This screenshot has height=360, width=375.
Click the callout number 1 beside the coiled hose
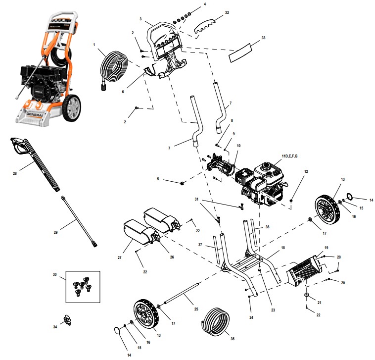click(93, 45)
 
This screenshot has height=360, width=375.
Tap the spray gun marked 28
click(35, 163)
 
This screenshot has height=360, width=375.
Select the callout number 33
click(263, 38)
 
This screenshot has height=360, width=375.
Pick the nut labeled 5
click(183, 184)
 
